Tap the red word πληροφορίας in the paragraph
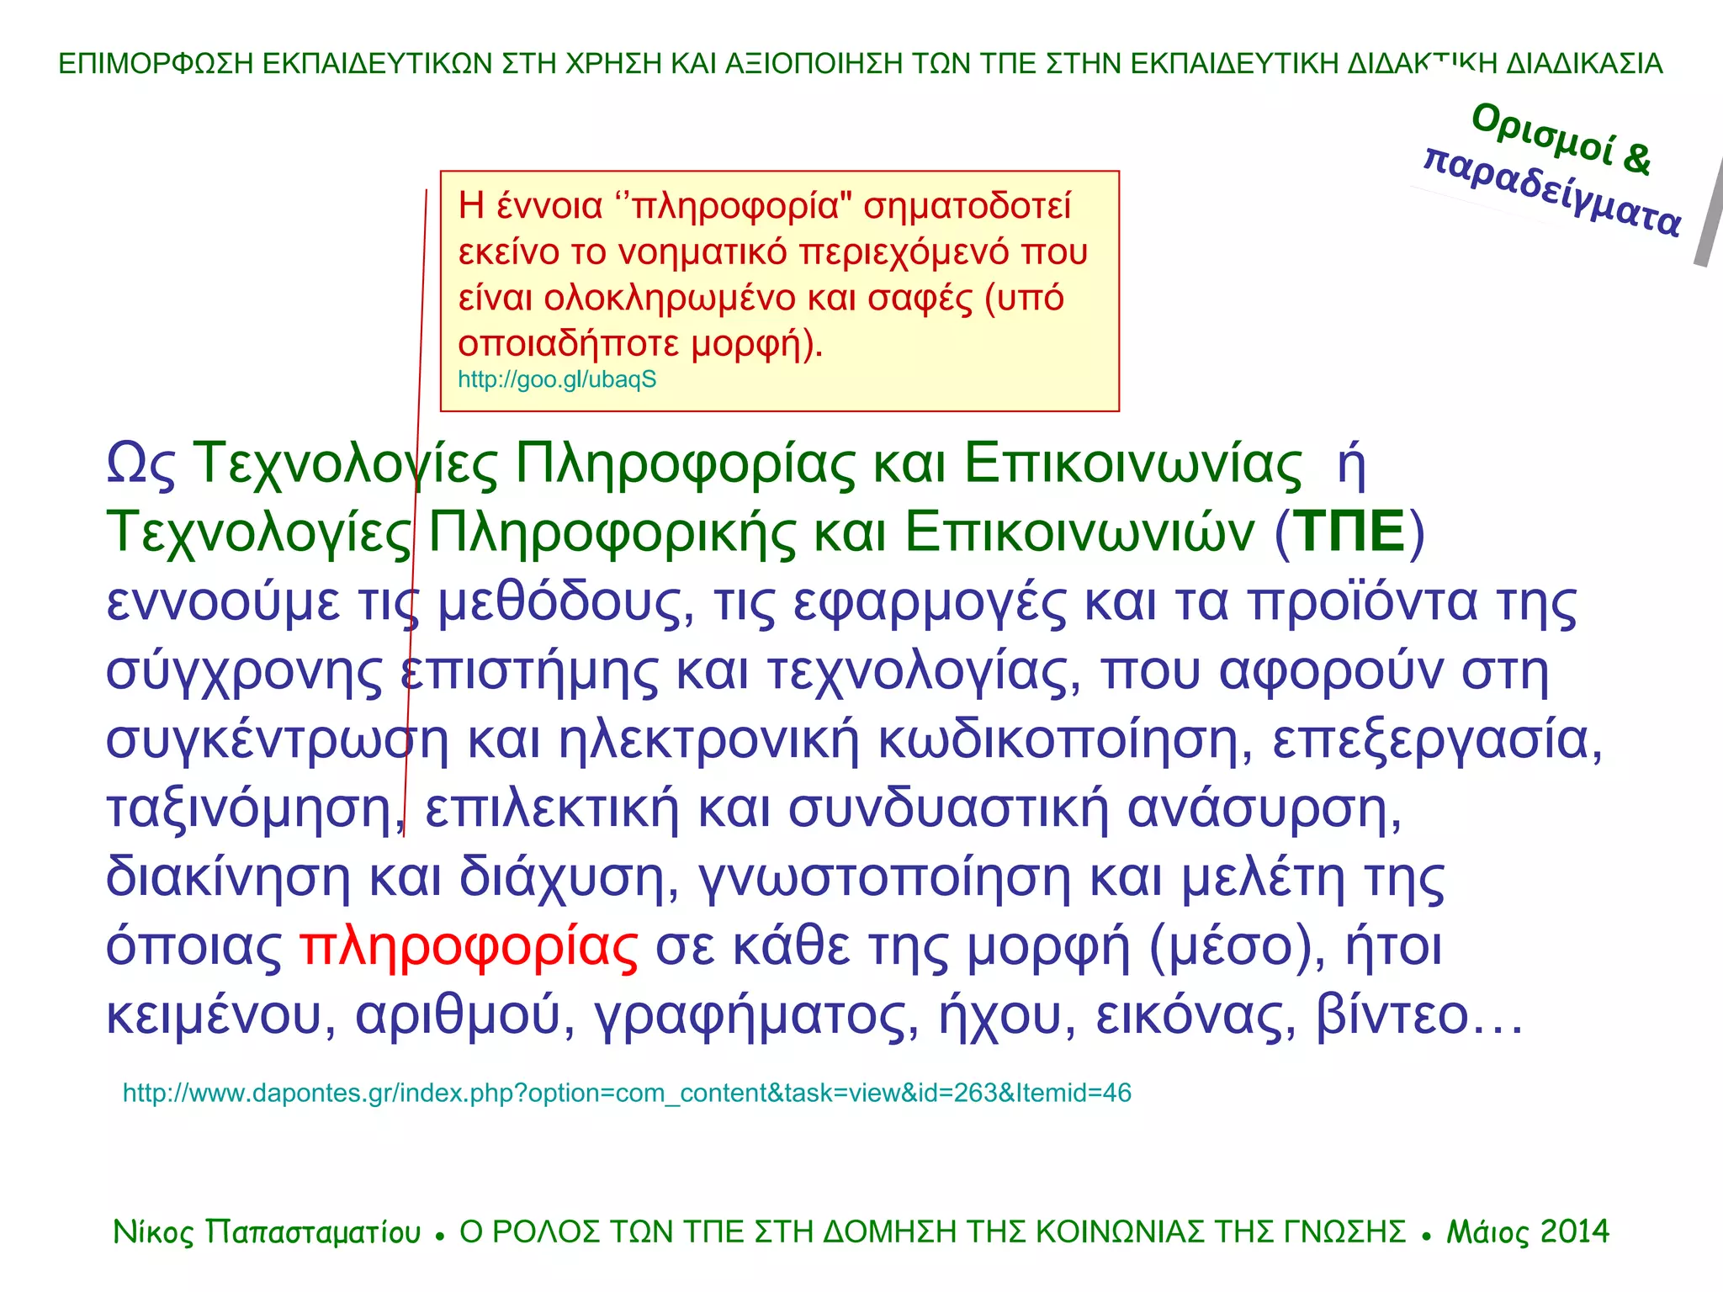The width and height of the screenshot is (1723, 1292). pyautogui.click(x=469, y=947)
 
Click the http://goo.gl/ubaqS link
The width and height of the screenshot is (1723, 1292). pyautogui.click(x=557, y=379)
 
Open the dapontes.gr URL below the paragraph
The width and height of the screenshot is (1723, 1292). pyautogui.click(x=627, y=1093)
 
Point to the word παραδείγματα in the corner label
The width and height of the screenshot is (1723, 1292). pyautogui.click(x=1552, y=193)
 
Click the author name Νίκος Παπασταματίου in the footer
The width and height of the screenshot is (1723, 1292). pyautogui.click(x=267, y=1232)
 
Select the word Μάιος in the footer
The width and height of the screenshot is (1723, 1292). pyautogui.click(x=1487, y=1232)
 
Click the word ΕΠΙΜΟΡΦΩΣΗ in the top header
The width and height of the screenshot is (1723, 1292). pyautogui.click(x=156, y=64)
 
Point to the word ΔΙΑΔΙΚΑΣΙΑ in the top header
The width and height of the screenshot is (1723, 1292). pyautogui.click(x=1584, y=64)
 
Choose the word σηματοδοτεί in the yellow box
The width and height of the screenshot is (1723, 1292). pyautogui.click(x=967, y=206)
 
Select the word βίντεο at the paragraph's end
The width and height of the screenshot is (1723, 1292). pyautogui.click(x=1392, y=1015)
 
